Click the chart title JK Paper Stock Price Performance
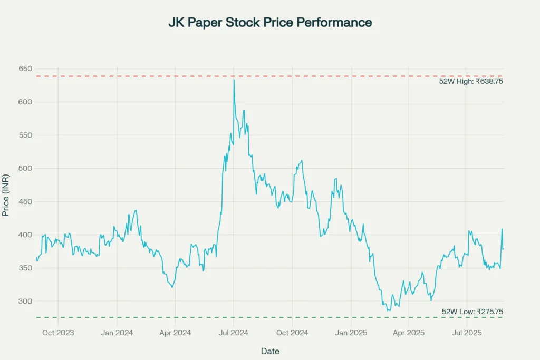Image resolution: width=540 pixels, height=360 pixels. (269, 23)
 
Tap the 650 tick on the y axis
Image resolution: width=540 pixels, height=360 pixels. (26, 69)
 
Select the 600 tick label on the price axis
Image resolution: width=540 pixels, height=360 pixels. (26, 102)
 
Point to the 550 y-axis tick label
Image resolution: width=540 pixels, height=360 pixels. (26, 135)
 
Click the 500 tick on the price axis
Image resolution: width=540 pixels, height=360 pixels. (26, 169)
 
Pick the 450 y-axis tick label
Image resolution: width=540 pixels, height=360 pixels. (26, 202)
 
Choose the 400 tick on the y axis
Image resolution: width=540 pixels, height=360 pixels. (26, 235)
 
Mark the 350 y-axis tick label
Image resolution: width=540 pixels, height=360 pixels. (26, 268)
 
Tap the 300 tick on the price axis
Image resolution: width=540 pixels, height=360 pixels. (26, 301)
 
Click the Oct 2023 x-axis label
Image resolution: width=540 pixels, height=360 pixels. (58, 333)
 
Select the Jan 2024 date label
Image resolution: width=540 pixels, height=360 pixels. (117, 333)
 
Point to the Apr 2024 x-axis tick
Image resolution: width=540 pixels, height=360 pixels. (175, 333)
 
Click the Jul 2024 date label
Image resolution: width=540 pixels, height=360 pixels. (234, 333)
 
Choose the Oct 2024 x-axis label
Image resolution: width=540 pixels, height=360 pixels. (292, 333)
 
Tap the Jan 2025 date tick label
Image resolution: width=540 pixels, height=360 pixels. (351, 333)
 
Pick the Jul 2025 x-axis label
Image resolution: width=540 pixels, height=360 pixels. (467, 333)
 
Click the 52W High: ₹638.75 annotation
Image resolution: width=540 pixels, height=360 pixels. (471, 82)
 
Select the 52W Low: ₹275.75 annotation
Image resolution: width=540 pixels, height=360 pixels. (472, 312)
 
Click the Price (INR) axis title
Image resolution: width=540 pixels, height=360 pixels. (6, 196)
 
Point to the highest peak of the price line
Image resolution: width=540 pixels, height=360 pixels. (234, 80)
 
